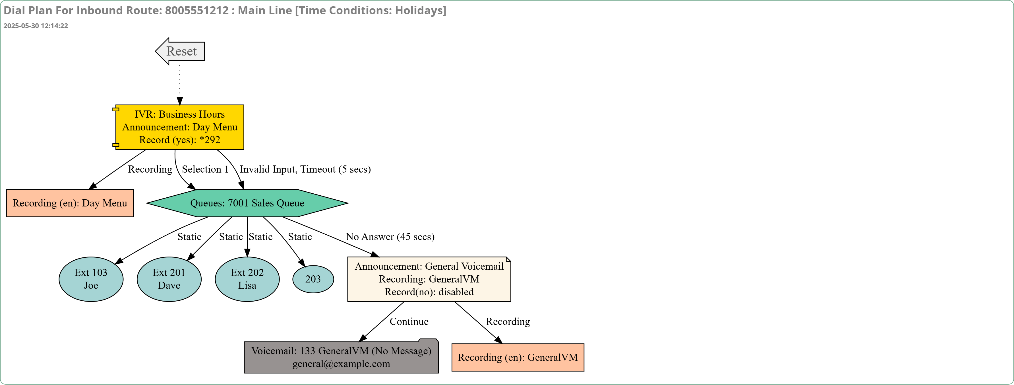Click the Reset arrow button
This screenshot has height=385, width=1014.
[180, 51]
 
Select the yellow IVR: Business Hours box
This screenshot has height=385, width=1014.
[179, 127]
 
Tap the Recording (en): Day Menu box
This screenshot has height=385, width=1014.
[70, 203]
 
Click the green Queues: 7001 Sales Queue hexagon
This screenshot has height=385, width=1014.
[247, 203]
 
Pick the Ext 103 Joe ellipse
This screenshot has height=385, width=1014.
[91, 279]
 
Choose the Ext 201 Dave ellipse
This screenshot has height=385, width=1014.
[169, 279]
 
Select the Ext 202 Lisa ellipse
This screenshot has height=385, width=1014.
[247, 279]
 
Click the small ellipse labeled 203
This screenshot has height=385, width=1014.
[313, 279]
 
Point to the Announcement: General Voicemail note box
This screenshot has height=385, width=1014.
[429, 279]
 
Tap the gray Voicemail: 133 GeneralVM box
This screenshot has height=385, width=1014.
[341, 356]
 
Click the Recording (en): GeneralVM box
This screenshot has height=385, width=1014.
[518, 357]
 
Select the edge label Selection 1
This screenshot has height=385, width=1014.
[205, 169]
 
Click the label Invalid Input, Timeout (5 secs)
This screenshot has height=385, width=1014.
[305, 169]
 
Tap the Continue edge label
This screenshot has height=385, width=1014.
[409, 321]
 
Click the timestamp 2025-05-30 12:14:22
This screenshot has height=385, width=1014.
[36, 26]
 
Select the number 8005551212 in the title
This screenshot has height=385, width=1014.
[197, 10]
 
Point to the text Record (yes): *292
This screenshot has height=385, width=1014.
[179, 140]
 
